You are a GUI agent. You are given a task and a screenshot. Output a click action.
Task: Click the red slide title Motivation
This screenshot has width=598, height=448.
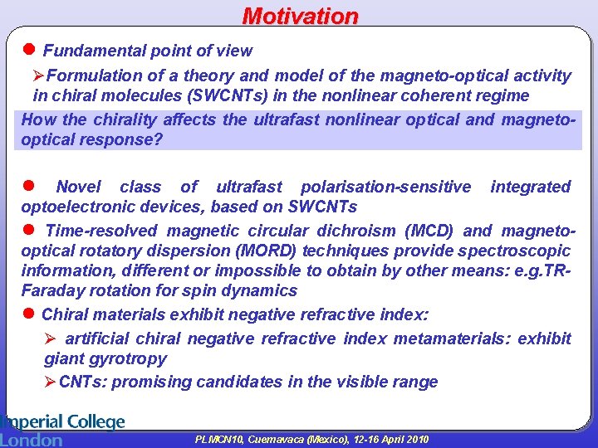pos(300,16)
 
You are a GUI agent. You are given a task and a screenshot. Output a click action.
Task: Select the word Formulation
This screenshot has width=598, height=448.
pos(95,75)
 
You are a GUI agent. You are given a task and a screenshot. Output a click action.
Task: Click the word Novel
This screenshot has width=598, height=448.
pos(78,187)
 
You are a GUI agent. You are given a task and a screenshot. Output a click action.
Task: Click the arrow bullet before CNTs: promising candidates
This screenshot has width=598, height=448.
pos(51,382)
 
